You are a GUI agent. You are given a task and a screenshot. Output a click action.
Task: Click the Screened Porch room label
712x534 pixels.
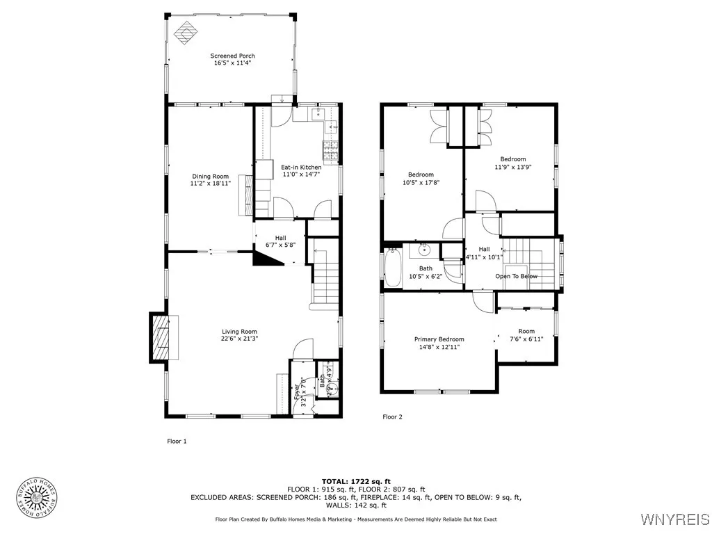click(233, 56)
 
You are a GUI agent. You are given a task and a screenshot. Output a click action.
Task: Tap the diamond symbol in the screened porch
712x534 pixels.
click(185, 32)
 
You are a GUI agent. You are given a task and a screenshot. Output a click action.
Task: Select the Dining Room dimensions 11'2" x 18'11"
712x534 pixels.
click(209, 184)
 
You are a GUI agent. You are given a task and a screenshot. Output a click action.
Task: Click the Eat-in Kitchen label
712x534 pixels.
click(301, 168)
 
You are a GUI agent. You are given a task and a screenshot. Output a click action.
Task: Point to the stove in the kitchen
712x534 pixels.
click(330, 147)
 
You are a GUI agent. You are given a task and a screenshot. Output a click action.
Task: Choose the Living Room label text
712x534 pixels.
click(240, 332)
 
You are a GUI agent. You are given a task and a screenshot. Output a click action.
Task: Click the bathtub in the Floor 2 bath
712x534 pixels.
click(391, 269)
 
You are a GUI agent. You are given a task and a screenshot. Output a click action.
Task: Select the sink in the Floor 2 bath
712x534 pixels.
click(425, 250)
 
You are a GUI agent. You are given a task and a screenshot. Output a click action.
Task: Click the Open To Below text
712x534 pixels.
click(516, 276)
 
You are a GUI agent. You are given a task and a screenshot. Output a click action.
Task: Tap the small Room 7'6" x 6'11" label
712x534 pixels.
click(526, 331)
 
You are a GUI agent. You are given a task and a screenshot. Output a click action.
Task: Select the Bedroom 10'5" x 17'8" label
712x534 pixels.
click(421, 175)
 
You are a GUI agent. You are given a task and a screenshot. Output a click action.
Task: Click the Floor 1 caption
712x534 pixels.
click(177, 441)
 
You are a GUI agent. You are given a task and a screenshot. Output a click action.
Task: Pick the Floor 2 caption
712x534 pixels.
click(392, 417)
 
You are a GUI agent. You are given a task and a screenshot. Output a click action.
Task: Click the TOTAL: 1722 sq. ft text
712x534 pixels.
click(355, 481)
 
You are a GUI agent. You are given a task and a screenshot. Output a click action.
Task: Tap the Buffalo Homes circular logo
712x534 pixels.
click(36, 499)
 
